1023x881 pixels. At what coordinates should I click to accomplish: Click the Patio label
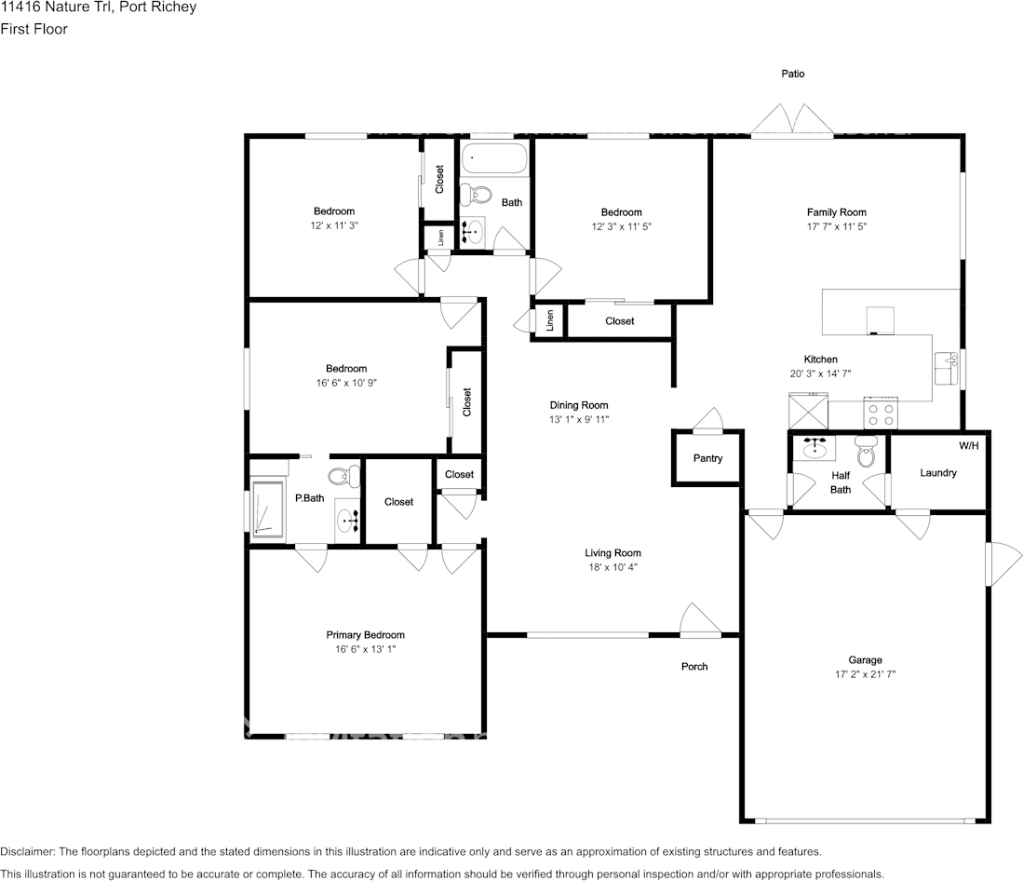click(793, 74)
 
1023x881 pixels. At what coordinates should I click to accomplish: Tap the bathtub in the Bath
click(494, 158)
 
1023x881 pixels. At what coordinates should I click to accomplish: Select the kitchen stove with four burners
click(881, 413)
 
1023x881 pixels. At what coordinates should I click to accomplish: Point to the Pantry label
click(707, 458)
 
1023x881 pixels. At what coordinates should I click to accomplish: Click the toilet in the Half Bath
click(867, 451)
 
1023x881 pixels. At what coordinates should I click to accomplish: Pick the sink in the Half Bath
click(814, 448)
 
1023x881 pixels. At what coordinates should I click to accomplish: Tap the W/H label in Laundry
click(969, 446)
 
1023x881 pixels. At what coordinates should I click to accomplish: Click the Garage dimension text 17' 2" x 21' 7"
click(865, 674)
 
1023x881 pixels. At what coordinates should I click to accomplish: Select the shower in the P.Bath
click(268, 511)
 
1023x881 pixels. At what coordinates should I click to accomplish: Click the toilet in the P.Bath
click(343, 477)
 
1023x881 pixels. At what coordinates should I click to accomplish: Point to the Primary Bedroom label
click(365, 635)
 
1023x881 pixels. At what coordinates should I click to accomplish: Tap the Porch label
click(694, 666)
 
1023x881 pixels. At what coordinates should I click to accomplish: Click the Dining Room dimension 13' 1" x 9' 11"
click(579, 420)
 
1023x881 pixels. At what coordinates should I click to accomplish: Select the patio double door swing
click(793, 119)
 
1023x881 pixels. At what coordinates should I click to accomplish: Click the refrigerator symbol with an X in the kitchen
click(808, 411)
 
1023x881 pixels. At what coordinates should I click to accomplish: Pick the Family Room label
click(837, 212)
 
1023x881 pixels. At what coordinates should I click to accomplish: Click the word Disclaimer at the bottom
click(27, 851)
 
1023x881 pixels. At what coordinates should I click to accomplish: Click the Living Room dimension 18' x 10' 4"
click(612, 567)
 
